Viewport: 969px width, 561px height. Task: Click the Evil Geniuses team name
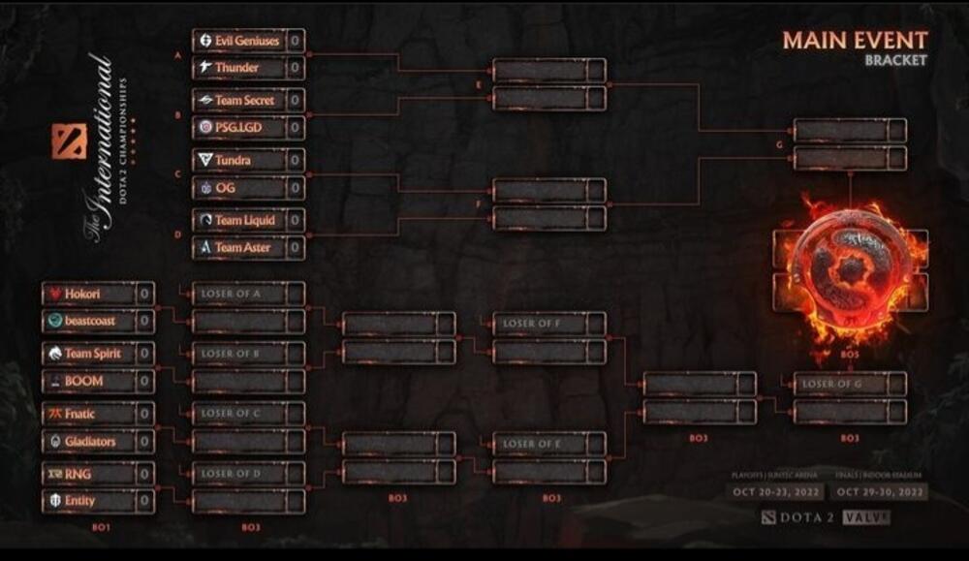pyautogui.click(x=246, y=41)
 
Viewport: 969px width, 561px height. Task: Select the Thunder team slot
pyautogui.click(x=236, y=68)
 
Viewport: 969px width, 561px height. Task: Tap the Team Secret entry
pyautogui.click(x=244, y=101)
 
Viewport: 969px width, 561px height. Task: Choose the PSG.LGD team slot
pyautogui.click(x=238, y=127)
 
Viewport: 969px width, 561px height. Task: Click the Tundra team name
pyautogui.click(x=233, y=160)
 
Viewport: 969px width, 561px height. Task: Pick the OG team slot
pyautogui.click(x=225, y=187)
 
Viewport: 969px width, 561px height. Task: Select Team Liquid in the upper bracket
pyautogui.click(x=244, y=220)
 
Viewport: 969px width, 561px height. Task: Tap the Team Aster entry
pyautogui.click(x=242, y=247)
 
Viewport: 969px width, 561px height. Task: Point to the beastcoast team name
pyautogui.click(x=90, y=321)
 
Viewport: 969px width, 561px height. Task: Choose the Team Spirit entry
pyautogui.click(x=93, y=354)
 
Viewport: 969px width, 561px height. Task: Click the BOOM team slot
pyautogui.click(x=84, y=381)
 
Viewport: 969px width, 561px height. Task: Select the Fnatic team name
pyautogui.click(x=80, y=414)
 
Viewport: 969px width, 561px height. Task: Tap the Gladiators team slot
pyautogui.click(x=90, y=441)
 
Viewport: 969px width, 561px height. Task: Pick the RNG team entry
pyautogui.click(x=79, y=474)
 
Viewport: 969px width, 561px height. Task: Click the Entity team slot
pyautogui.click(x=80, y=501)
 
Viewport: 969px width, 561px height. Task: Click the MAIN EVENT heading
pyautogui.click(x=855, y=40)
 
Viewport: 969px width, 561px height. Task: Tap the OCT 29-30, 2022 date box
pyautogui.click(x=881, y=491)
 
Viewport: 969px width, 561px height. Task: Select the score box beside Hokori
pyautogui.click(x=144, y=294)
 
